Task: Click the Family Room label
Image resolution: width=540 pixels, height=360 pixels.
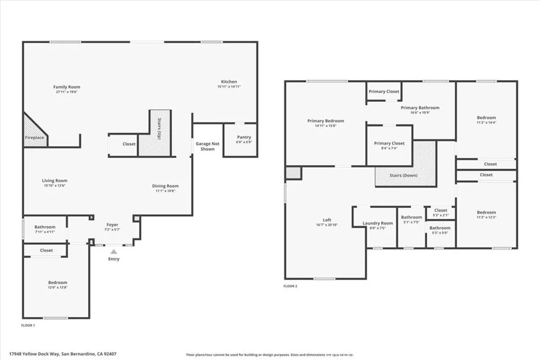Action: [66, 87]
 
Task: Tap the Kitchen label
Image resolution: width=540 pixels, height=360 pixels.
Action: [229, 82]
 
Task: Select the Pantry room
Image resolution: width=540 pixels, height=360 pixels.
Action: [240, 140]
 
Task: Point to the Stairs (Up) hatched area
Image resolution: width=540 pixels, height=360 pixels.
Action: [159, 133]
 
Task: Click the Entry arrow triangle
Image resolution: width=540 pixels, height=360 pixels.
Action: [114, 252]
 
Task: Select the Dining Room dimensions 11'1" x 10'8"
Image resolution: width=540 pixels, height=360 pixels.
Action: [166, 191]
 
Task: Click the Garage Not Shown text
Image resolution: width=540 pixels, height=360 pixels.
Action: [207, 146]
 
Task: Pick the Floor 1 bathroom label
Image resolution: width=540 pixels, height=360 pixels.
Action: [45, 227]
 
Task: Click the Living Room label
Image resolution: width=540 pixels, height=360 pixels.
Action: [55, 181]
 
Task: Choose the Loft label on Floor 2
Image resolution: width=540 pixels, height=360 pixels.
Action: [327, 220]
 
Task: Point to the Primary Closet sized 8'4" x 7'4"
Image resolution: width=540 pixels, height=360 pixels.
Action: [389, 145]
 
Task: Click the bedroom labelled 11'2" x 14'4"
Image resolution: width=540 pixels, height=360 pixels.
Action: [486, 120]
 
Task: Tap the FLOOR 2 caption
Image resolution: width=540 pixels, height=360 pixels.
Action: [291, 286]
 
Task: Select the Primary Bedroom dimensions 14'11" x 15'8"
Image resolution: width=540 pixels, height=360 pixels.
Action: [325, 125]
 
